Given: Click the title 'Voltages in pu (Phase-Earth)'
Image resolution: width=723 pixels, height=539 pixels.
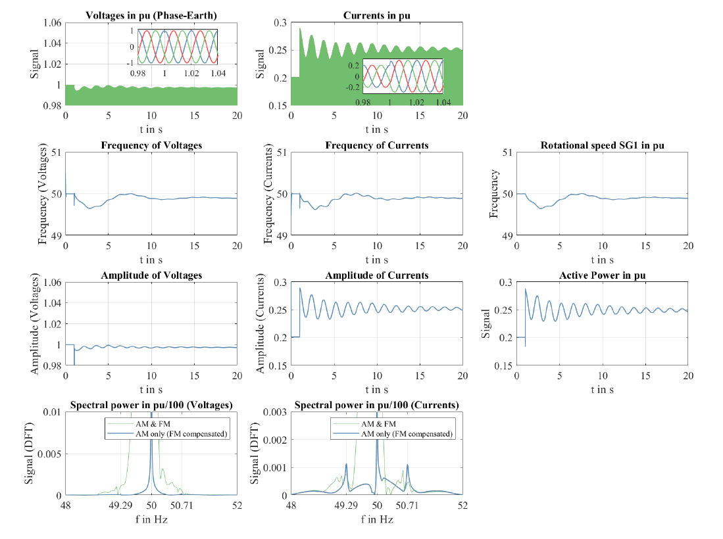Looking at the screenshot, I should tap(151, 15).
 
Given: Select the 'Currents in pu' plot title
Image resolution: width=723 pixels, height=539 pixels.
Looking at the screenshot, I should tap(376, 15).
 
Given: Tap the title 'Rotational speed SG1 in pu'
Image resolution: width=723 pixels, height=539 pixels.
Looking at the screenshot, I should tap(602, 145).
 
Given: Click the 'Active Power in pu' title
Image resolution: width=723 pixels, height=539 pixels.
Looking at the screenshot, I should tap(602, 275).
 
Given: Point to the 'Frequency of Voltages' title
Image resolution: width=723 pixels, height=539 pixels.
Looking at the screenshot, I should tap(151, 145).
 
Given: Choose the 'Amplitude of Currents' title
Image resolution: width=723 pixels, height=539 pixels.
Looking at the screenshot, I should tap(376, 275).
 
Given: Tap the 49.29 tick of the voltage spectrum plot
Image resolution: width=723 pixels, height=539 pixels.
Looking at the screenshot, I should tap(122, 505).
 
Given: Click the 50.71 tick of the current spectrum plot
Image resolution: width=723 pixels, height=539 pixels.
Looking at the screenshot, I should tap(408, 505).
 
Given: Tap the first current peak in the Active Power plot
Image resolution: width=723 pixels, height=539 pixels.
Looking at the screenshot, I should tap(526, 289).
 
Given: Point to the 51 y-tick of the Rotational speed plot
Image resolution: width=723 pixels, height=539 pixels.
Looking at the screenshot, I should tap(507, 152).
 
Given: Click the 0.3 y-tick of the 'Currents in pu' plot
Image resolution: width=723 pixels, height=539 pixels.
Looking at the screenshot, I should tap(279, 23).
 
